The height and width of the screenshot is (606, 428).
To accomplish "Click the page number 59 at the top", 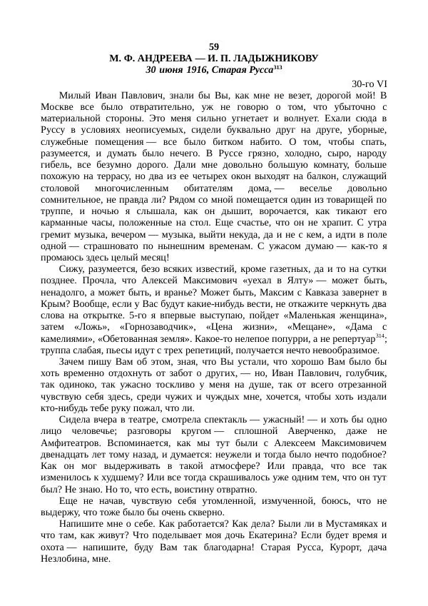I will click(x=214, y=46).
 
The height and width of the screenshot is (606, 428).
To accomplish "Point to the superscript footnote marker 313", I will click(x=279, y=68).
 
